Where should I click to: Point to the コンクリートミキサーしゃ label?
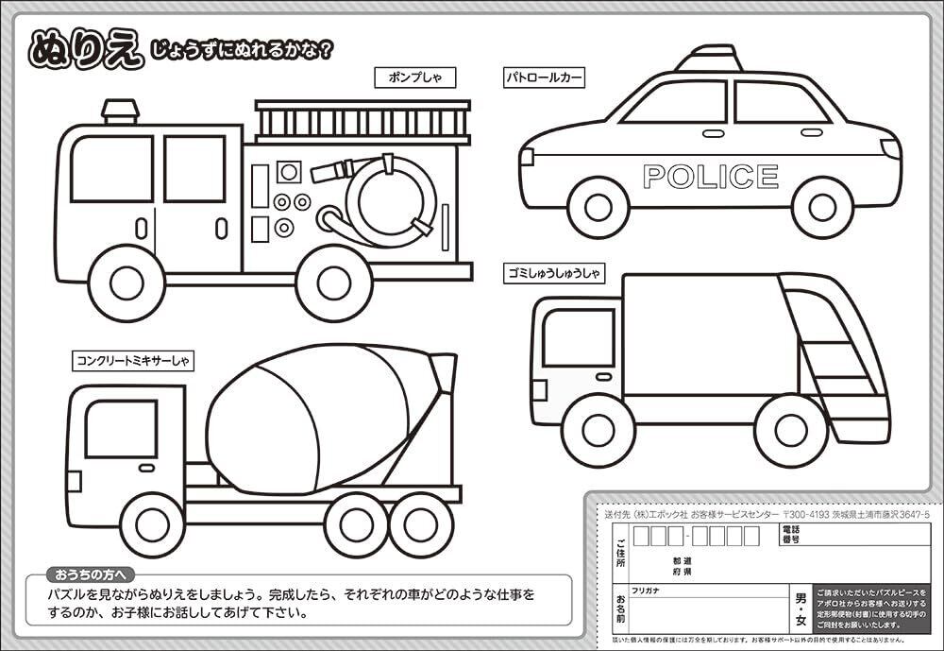[133, 360]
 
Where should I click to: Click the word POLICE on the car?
[710, 177]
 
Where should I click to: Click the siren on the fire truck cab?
[121, 111]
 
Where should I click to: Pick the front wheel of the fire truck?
[126, 282]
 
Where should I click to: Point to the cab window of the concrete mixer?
[121, 428]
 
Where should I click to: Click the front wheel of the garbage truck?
[597, 430]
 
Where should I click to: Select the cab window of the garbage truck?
[578, 337]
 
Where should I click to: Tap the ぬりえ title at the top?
[85, 49]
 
